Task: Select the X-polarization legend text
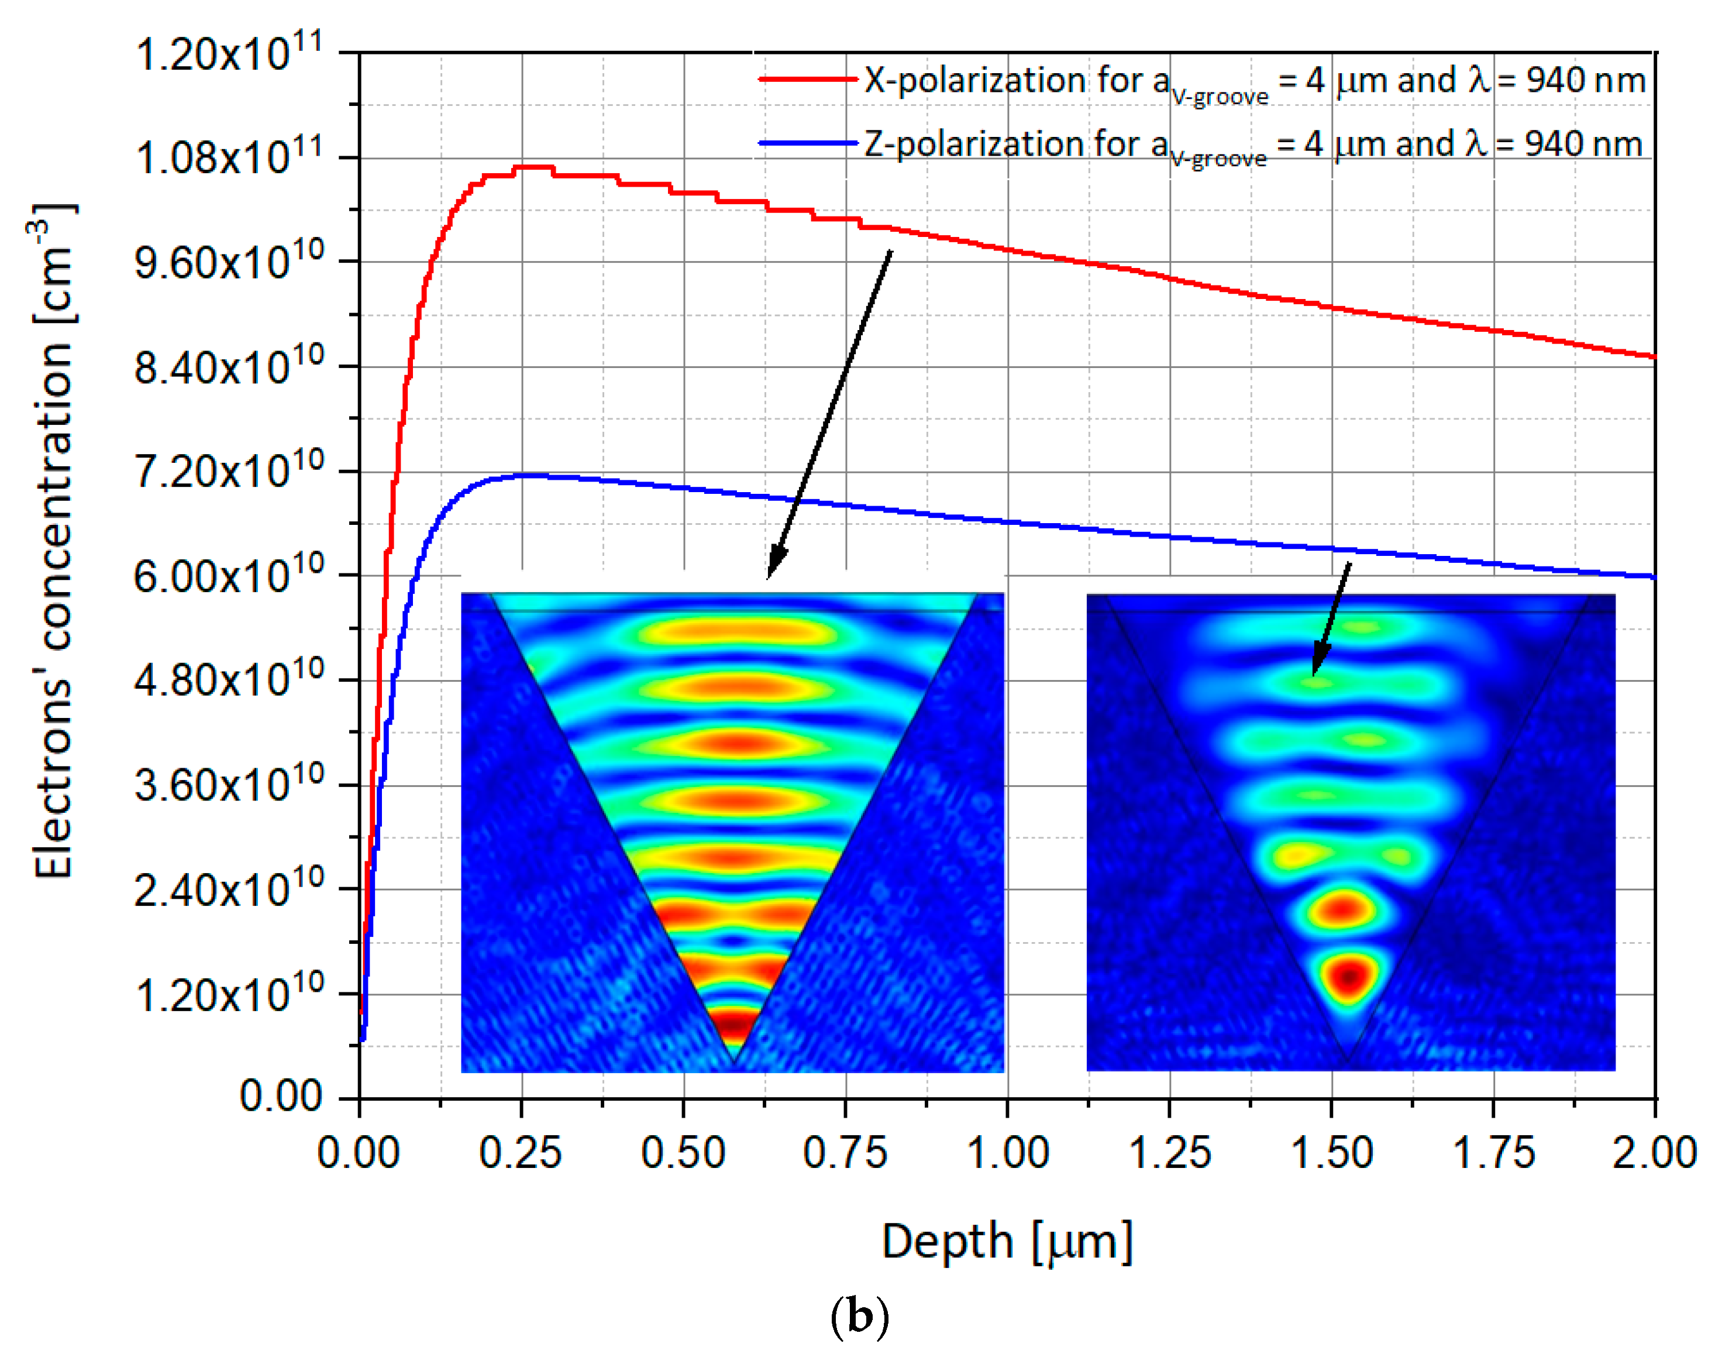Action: (x=1253, y=81)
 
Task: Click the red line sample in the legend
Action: (x=807, y=79)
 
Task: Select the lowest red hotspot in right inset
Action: (x=1348, y=976)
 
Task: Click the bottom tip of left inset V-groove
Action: (x=733, y=1063)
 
